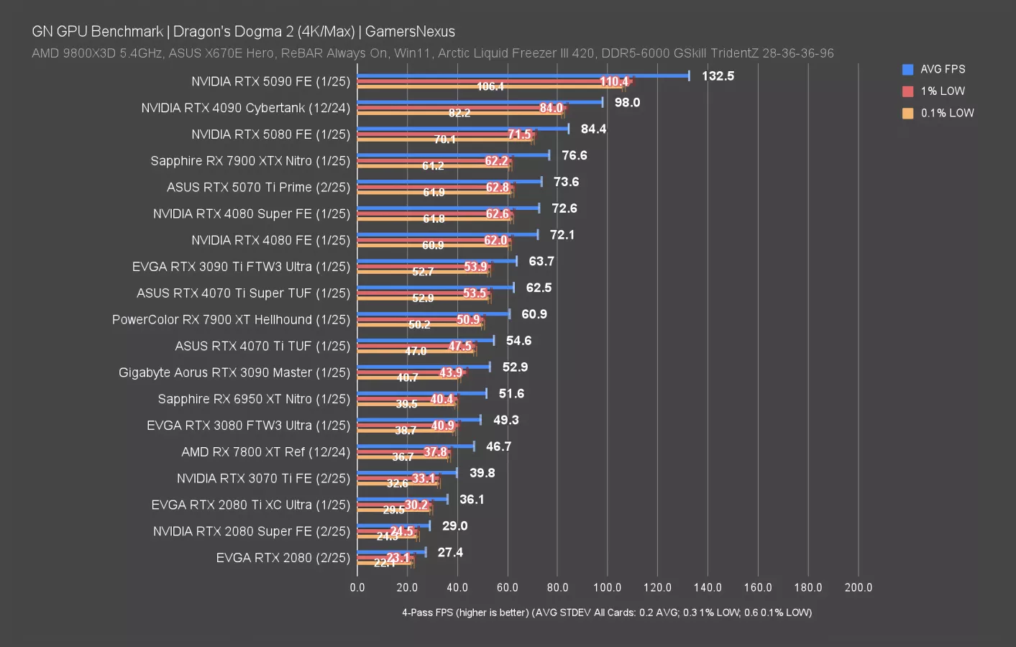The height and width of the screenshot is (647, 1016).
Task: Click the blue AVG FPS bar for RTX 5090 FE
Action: tap(523, 75)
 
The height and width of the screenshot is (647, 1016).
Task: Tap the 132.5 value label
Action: tap(718, 76)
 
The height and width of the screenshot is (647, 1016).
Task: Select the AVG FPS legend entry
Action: tap(942, 70)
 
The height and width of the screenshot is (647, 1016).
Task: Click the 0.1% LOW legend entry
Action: tap(946, 114)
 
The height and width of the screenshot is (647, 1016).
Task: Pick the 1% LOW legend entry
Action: tap(942, 91)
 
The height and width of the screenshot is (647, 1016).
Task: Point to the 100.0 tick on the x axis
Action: tap(608, 587)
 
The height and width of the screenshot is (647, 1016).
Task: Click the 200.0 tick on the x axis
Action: tap(858, 587)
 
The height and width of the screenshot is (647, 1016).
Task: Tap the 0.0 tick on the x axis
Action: tap(357, 587)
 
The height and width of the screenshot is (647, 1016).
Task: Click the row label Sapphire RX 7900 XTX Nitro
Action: tap(250, 161)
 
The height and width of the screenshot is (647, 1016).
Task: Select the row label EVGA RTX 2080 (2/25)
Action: tap(283, 558)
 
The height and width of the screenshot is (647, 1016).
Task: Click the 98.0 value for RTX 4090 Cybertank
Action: tap(627, 103)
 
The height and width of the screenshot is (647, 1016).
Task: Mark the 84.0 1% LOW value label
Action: tap(551, 109)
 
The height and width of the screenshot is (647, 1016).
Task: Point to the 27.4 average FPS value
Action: tap(450, 553)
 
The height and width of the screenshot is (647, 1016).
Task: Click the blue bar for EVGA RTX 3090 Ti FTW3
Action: tap(436, 261)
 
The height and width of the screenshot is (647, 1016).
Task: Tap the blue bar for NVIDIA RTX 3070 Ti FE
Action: tap(407, 472)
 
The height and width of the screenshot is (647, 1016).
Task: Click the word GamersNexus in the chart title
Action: tap(410, 32)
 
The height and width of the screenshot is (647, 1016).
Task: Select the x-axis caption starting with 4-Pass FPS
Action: tap(607, 612)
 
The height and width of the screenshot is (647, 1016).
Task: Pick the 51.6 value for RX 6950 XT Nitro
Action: tap(511, 394)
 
